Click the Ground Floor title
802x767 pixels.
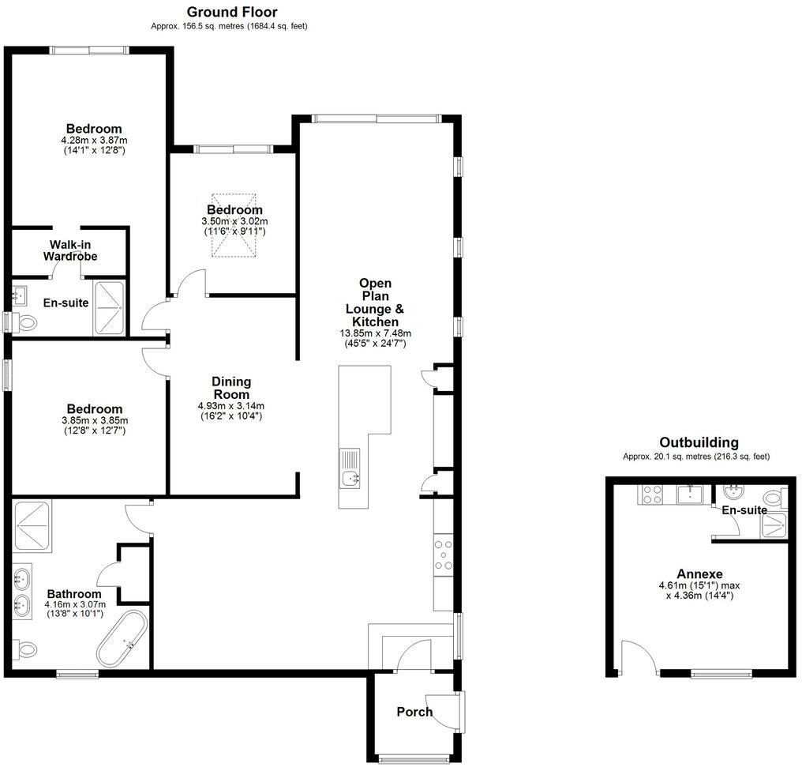[231, 12]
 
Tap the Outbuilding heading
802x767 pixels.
[699, 442]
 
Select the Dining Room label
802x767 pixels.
[230, 388]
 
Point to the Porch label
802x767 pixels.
[414, 712]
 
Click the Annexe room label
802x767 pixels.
[700, 573]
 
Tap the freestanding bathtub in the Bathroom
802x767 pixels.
[122, 637]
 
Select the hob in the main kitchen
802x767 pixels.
[443, 554]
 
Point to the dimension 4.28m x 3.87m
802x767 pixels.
[94, 140]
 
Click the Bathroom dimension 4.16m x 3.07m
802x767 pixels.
[73, 605]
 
